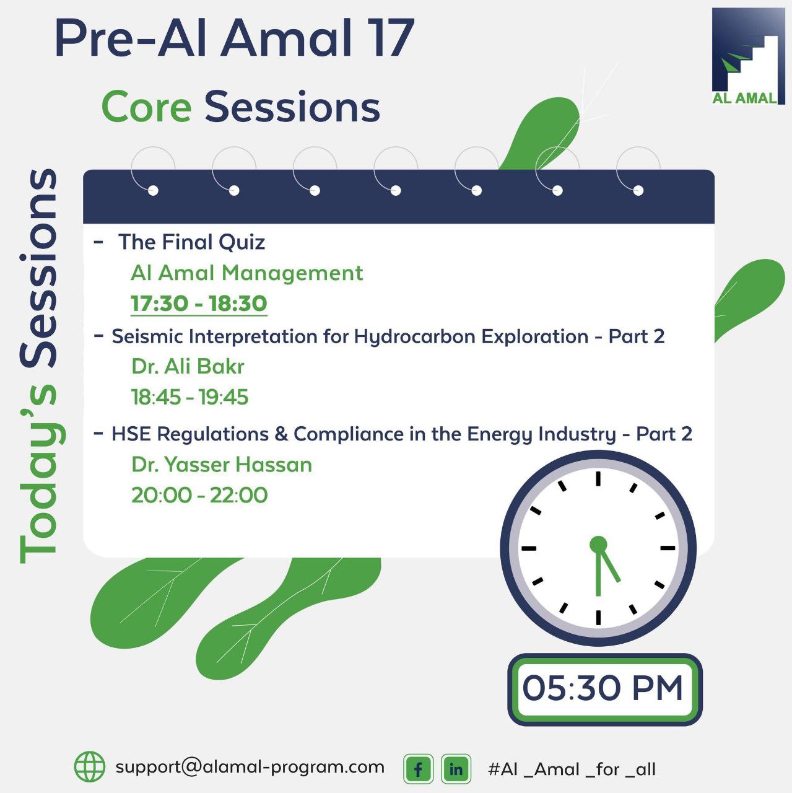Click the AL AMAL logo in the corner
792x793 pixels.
[x=749, y=56]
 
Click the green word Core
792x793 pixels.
[x=147, y=107]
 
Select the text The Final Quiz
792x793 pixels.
[x=191, y=242]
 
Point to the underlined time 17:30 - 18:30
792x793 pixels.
[x=199, y=304]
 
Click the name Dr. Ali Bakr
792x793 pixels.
[x=188, y=366]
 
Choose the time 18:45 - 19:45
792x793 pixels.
[x=189, y=397]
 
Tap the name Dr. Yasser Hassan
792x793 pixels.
[x=222, y=464]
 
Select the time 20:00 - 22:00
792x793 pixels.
[x=199, y=495]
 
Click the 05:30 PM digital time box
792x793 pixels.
[x=605, y=689]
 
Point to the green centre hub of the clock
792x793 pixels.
[x=598, y=545]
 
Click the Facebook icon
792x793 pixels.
[x=419, y=769]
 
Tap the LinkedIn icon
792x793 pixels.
[x=456, y=769]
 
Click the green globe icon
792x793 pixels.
[x=90, y=766]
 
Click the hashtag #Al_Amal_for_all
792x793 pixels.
[x=572, y=769]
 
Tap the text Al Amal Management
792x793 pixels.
[x=247, y=273]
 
